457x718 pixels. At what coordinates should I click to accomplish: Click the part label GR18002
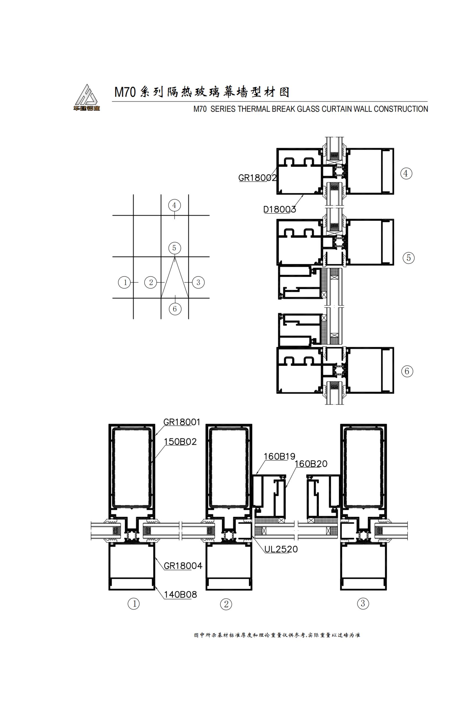tap(257, 178)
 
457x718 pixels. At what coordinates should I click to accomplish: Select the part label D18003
tap(279, 209)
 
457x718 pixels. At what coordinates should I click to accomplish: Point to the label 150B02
tap(180, 442)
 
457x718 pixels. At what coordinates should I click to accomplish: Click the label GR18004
tap(183, 566)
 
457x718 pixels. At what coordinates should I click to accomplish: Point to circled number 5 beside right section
tap(408, 258)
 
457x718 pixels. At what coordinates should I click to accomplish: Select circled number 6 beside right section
tap(407, 371)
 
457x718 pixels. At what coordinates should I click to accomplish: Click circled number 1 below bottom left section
tap(134, 604)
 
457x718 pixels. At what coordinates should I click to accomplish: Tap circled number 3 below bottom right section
tap(363, 604)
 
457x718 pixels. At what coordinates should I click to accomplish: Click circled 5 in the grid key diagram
tap(174, 248)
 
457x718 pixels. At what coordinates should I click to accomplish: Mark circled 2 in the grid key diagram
tap(151, 282)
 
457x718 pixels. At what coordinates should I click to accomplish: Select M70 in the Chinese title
tap(125, 92)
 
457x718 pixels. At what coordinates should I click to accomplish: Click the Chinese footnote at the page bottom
tap(277, 635)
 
